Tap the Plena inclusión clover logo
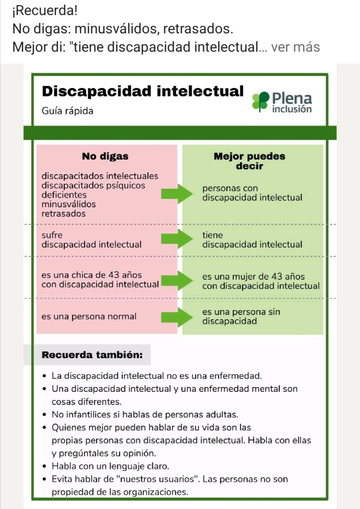click(260, 101)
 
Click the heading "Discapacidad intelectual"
click(143, 91)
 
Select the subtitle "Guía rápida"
click(67, 110)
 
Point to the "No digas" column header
click(105, 156)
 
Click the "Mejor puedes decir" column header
click(249, 161)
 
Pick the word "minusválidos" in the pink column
click(69, 204)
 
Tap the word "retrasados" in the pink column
click(64, 214)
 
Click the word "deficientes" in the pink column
click(64, 195)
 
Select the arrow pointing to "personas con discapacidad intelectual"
click(177, 193)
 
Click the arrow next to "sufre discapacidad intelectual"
click(177, 240)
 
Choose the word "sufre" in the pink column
click(52, 235)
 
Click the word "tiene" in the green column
click(212, 235)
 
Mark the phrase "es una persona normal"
click(89, 316)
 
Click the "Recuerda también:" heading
click(92, 355)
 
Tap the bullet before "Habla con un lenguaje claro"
click(45, 467)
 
